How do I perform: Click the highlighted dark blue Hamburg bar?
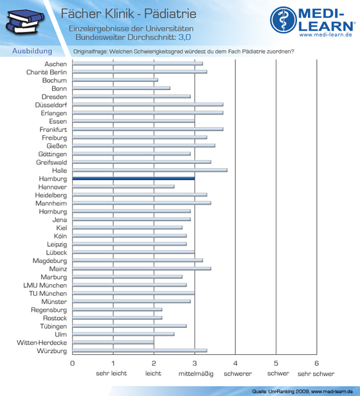pyautogui.click(x=133, y=179)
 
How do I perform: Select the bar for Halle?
pyautogui.click(x=150, y=170)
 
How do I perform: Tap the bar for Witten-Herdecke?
pyautogui.click(x=113, y=343)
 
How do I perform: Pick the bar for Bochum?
pyautogui.click(x=115, y=80)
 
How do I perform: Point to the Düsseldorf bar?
pyautogui.click(x=148, y=105)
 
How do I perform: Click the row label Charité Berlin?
pyautogui.click(x=47, y=72)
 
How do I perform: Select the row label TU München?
pyautogui.click(x=48, y=293)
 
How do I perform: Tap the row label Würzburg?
pyautogui.click(x=52, y=351)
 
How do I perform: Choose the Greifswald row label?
pyautogui.click(x=51, y=162)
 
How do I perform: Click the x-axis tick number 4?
pyautogui.click(x=235, y=363)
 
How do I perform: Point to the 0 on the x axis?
pyautogui.click(x=73, y=363)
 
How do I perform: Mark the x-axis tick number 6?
pyautogui.click(x=316, y=363)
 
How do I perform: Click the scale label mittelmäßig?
pyautogui.click(x=196, y=373)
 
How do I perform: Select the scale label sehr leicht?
pyautogui.click(x=111, y=373)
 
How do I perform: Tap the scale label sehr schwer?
pyautogui.click(x=316, y=373)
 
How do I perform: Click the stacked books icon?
pyautogui.click(x=25, y=21)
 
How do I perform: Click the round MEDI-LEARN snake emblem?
pyautogui.click(x=283, y=20)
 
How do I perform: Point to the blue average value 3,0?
pyautogui.click(x=184, y=37)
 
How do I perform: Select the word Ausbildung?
pyautogui.click(x=32, y=51)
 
